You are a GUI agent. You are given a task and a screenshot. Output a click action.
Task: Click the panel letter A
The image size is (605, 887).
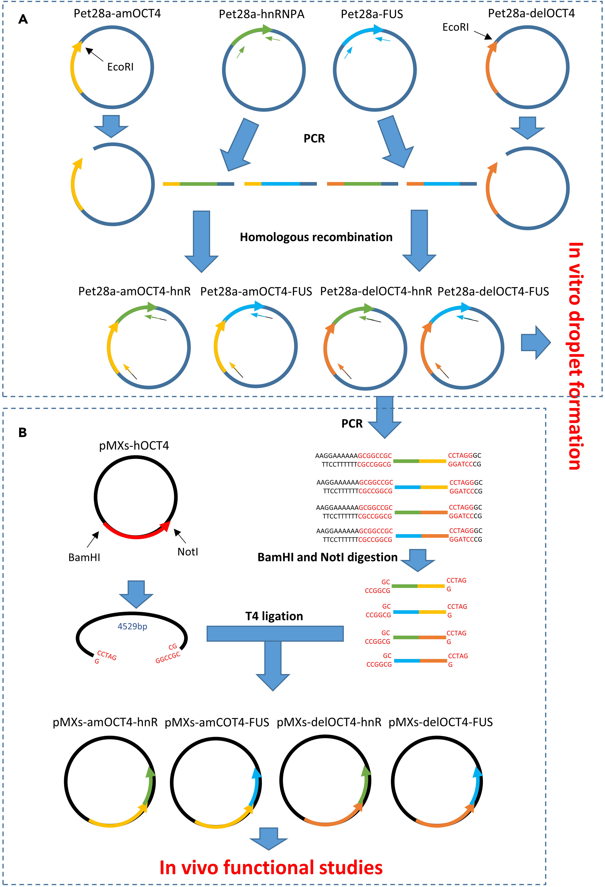(23, 19)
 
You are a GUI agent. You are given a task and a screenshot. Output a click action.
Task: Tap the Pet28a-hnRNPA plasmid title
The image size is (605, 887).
(261, 14)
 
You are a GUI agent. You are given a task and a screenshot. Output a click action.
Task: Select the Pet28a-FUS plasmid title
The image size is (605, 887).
(372, 14)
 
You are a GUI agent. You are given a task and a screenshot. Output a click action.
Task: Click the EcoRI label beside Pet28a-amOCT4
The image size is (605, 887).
(120, 67)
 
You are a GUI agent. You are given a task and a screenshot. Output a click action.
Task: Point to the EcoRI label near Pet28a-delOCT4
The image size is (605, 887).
(455, 27)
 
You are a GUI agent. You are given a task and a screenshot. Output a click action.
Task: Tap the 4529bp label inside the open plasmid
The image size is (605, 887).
(132, 626)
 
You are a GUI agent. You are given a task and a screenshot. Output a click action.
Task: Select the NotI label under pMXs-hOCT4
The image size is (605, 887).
(187, 552)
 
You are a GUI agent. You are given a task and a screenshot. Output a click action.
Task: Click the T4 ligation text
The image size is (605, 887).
(274, 616)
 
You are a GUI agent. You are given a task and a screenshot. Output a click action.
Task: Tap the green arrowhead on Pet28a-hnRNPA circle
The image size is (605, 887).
(268, 29)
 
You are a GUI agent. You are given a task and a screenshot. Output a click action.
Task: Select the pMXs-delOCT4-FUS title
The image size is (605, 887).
(440, 722)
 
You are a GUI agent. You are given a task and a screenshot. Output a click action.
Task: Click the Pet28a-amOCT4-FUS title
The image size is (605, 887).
(256, 291)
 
